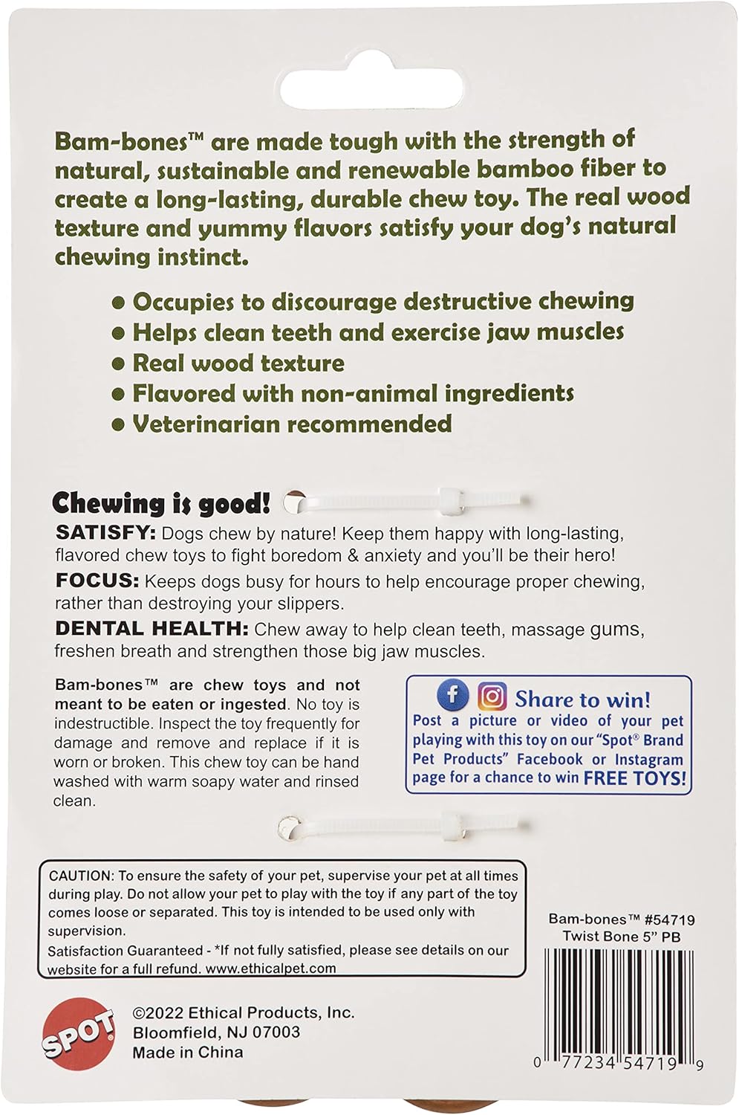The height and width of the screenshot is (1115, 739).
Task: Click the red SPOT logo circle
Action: tap(78, 1034)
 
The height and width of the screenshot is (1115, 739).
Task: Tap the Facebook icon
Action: tap(452, 696)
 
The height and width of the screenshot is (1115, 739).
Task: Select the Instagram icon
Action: tap(492, 697)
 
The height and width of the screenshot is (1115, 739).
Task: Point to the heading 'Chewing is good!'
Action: tap(161, 503)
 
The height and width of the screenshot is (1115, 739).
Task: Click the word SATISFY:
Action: tap(105, 533)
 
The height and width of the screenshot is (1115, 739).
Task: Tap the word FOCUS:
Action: tap(97, 581)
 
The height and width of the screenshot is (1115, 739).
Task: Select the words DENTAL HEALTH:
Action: tap(152, 629)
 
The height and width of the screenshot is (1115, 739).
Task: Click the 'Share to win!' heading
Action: tap(582, 699)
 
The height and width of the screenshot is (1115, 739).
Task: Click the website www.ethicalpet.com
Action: tap(270, 969)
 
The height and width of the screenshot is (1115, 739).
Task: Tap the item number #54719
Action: tap(670, 920)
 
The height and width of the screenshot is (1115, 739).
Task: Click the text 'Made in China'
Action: tap(188, 1052)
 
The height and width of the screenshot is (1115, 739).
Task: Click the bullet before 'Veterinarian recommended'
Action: tap(117, 424)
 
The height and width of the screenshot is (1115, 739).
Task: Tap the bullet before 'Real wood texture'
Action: tap(117, 363)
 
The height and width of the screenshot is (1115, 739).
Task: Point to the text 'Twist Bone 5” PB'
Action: tap(621, 937)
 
